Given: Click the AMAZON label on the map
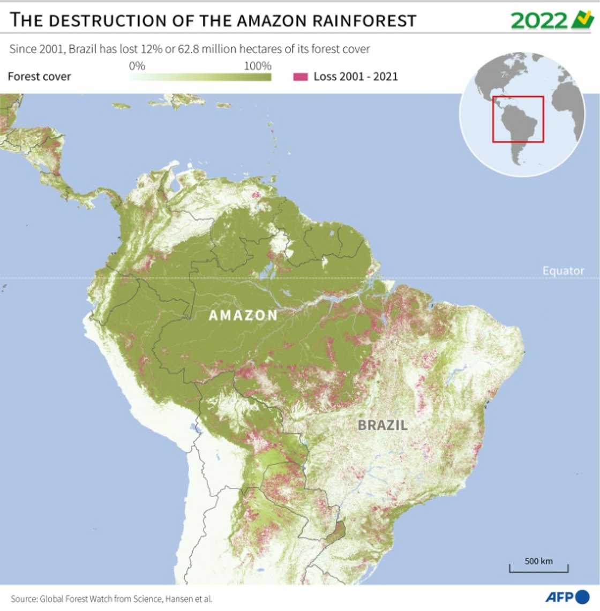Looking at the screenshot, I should click(243, 315).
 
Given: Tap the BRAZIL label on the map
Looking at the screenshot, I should click(382, 425).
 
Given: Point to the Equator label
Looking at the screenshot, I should click(563, 270).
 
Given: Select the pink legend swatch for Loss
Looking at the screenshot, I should click(301, 77).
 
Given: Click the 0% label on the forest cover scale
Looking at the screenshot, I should click(137, 66).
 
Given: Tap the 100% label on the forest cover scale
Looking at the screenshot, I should click(258, 66).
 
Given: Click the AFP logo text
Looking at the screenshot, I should click(559, 597).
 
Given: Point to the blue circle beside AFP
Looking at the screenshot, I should click(582, 597).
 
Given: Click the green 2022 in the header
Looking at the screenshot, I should click(538, 21).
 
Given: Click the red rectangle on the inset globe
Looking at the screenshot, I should click(518, 119).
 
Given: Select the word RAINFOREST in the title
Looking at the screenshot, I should click(365, 20).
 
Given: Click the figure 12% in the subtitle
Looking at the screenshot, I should click(151, 49).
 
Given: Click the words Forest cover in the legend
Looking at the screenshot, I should click(39, 77).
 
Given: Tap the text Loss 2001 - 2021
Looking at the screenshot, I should click(356, 77).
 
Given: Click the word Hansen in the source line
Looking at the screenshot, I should click(179, 599).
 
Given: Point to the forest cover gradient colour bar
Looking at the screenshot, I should click(200, 77).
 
